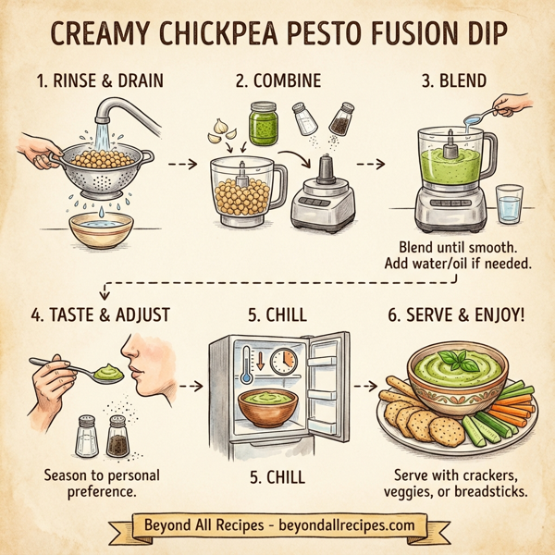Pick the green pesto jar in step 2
[265, 124]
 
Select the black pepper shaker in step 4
[117, 435]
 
